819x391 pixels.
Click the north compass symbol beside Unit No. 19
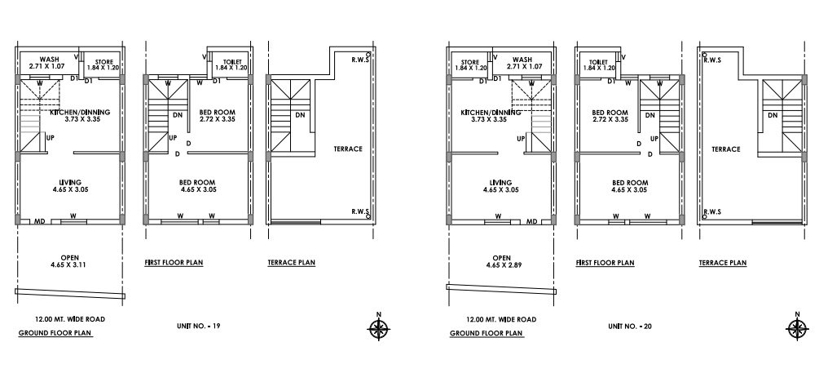(x=378, y=328)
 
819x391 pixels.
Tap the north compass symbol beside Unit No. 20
(x=798, y=328)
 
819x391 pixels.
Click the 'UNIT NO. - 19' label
(x=198, y=327)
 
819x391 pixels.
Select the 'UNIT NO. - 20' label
(x=630, y=327)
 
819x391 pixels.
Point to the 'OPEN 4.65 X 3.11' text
(x=68, y=260)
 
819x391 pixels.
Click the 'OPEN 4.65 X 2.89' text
(x=502, y=260)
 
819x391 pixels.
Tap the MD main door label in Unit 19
(x=38, y=221)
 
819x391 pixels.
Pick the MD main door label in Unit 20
(x=531, y=221)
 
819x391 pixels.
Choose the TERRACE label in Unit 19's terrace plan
(x=348, y=149)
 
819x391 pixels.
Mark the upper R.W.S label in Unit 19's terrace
(x=359, y=60)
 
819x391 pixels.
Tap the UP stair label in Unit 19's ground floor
(x=51, y=139)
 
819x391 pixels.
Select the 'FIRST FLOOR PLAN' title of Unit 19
(x=173, y=263)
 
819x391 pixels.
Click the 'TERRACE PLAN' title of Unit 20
(x=723, y=263)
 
